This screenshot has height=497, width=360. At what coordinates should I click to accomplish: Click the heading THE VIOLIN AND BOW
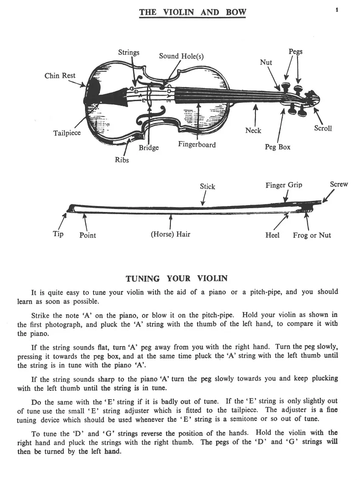(x=193, y=12)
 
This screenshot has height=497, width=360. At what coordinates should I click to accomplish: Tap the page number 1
(x=337, y=9)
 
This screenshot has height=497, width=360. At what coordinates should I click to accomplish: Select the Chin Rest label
(x=60, y=76)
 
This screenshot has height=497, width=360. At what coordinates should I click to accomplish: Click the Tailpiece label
(x=67, y=133)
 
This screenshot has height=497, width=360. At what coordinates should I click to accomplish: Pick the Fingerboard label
(x=197, y=144)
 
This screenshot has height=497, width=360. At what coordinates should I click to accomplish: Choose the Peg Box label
(x=278, y=147)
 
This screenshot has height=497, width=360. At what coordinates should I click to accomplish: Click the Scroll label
(x=323, y=128)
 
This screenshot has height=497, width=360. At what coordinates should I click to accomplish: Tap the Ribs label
(x=122, y=160)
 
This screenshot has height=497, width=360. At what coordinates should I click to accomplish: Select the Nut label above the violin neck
(x=266, y=62)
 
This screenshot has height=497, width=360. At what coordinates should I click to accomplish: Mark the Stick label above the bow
(x=207, y=186)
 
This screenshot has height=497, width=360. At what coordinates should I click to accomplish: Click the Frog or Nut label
(x=312, y=235)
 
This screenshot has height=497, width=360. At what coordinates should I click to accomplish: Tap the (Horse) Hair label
(x=170, y=234)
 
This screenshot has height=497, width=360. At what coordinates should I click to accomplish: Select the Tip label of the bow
(x=58, y=234)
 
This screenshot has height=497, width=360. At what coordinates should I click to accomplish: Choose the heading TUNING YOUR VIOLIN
(x=176, y=279)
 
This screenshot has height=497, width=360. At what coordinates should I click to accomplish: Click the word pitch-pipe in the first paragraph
(x=266, y=292)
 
